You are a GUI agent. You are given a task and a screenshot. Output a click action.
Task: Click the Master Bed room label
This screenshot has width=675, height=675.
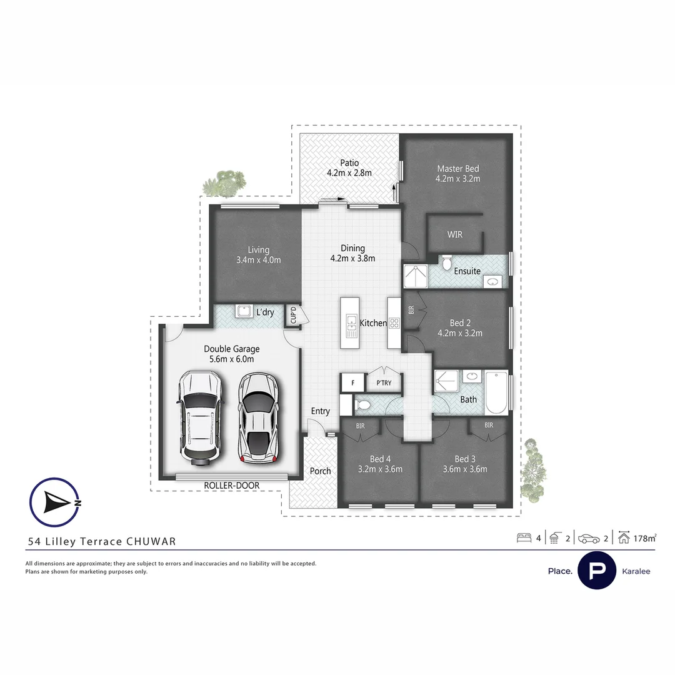coord(457,169)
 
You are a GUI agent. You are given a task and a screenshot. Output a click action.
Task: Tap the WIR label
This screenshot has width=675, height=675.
coord(454,234)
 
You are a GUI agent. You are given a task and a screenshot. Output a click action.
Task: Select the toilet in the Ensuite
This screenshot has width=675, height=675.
coord(446,264)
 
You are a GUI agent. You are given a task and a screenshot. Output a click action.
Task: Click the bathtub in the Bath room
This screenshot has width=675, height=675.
coord(496,392)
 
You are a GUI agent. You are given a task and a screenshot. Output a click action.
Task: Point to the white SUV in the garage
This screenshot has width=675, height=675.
coord(199,417)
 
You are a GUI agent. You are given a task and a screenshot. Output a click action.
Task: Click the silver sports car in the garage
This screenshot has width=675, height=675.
coord(259,417)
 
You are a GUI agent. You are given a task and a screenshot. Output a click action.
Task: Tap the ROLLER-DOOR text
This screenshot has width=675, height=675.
coord(231,485)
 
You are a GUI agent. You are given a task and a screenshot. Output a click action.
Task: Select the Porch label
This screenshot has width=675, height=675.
coord(320,471)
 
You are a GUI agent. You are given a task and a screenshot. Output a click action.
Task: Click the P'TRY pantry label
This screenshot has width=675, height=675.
coord(384,382)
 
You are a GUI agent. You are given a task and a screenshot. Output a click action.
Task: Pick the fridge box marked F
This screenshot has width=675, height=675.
coord(352,382)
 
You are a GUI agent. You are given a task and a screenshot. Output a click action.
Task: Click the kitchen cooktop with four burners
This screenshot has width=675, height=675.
coord(394,323)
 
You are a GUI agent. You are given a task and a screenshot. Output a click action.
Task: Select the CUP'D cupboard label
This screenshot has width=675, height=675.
coord(293,316)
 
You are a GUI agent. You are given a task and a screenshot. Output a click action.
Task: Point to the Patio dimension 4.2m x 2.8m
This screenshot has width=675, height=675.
coord(349,173)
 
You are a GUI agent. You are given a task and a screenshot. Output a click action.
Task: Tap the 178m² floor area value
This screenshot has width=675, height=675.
coord(644,537)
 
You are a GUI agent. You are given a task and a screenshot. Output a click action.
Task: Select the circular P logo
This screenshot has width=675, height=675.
coord(597,571)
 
